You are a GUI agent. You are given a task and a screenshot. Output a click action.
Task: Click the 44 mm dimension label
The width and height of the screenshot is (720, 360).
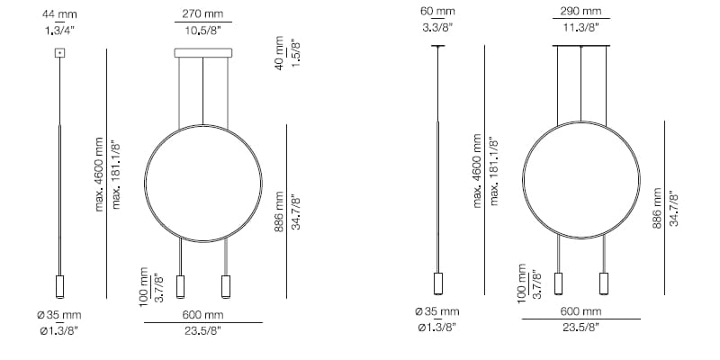(x=60, y=13)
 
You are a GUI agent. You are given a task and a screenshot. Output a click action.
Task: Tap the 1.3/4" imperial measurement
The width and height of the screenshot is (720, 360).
(x=60, y=31)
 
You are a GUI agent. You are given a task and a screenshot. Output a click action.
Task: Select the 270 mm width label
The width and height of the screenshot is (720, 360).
(x=203, y=13)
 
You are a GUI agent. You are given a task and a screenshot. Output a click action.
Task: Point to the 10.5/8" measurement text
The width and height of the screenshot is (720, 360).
(x=203, y=31)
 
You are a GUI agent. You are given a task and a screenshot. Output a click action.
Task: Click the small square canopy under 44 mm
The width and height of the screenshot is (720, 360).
(x=60, y=53)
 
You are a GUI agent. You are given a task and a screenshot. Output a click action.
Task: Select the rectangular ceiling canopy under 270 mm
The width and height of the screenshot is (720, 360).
(x=203, y=55)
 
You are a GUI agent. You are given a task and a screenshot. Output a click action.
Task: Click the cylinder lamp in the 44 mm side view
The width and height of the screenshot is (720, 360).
(x=60, y=286)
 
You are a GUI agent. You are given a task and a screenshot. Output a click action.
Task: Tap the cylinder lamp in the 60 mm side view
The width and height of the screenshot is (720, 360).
(x=438, y=283)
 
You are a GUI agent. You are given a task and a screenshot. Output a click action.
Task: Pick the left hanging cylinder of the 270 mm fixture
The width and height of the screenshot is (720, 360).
(x=181, y=286)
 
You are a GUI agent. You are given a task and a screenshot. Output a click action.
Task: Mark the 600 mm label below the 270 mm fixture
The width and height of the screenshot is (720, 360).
(x=203, y=315)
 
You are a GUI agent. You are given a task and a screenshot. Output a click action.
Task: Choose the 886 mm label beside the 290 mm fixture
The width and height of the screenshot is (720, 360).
(x=657, y=209)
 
